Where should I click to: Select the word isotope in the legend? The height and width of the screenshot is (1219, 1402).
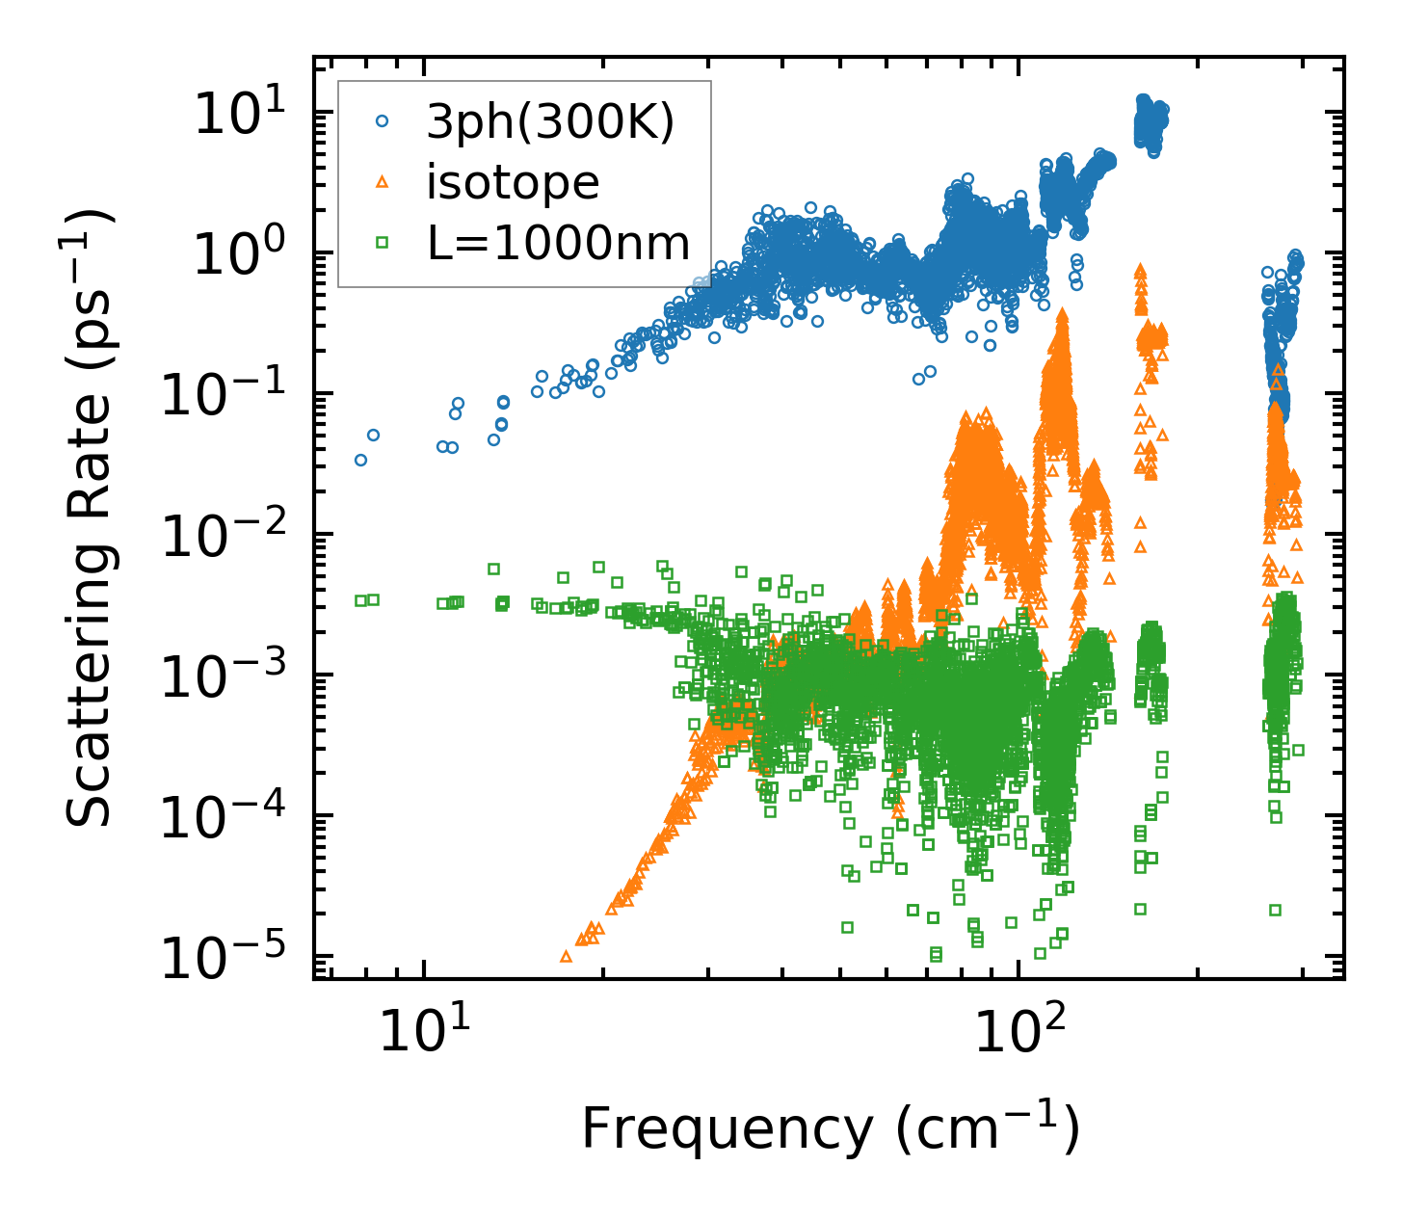point(513,182)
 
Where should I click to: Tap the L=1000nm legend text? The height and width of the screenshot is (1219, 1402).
point(559,243)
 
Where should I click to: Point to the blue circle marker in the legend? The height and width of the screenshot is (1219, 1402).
point(382,121)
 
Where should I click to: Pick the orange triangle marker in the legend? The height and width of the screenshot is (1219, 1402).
point(382,181)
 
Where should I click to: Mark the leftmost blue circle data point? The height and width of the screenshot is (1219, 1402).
point(360,460)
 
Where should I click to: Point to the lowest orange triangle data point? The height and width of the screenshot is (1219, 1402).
point(566,956)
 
